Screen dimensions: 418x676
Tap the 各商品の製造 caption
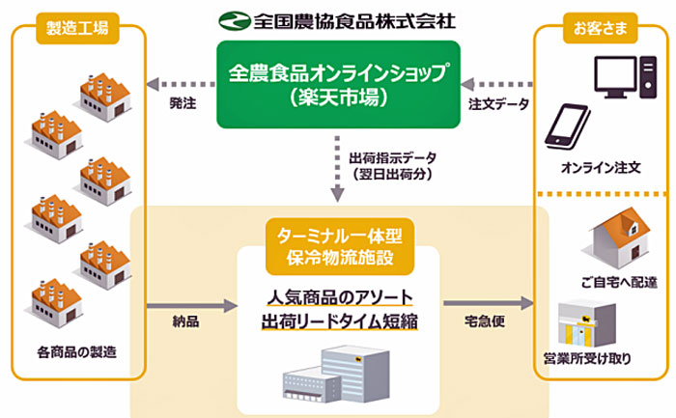pyautogui.click(x=76, y=351)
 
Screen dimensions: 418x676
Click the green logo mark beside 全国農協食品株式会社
pyautogui.click(x=234, y=18)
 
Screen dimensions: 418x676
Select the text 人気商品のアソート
pyautogui.click(x=338, y=295)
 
